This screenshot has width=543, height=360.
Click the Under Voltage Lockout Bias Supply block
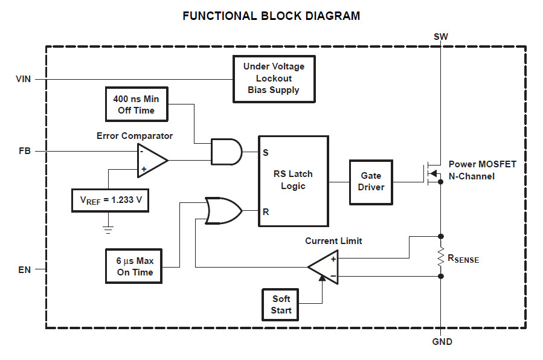pyautogui.click(x=274, y=79)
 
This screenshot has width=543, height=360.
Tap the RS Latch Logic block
pyautogui.click(x=293, y=181)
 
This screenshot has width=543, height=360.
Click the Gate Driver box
pyautogui.click(x=370, y=181)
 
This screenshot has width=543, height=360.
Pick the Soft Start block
pyautogui.click(x=281, y=304)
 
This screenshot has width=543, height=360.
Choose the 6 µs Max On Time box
pyautogui.click(x=135, y=266)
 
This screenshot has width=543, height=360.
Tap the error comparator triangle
pyautogui.click(x=151, y=160)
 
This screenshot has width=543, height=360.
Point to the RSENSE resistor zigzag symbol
pyautogui.click(x=440, y=256)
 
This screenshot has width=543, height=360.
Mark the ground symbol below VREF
pyautogui.click(x=109, y=229)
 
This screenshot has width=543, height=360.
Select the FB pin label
pyautogui.click(x=24, y=152)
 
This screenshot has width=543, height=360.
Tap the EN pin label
pyautogui.click(x=24, y=269)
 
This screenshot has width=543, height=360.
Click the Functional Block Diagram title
pyautogui.click(x=271, y=16)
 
